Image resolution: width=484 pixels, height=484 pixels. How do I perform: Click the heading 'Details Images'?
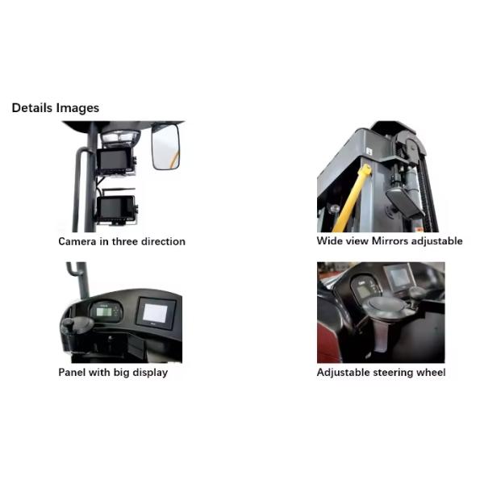click(55, 108)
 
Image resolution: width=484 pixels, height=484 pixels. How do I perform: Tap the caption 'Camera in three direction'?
click(122, 241)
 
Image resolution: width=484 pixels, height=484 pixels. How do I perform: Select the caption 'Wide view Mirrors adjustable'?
click(390, 241)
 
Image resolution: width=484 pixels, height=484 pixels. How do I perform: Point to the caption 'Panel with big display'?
click(113, 372)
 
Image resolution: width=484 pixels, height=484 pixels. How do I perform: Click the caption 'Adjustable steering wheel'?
click(382, 372)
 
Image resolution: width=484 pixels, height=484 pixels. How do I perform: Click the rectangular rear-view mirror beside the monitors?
click(165, 147)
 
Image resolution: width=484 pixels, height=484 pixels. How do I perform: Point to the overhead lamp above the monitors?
click(120, 136)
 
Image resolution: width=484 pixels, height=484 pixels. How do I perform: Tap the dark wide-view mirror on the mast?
click(405, 202)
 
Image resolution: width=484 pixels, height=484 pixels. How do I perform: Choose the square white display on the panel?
click(156, 313)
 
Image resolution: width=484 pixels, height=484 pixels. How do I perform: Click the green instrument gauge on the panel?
click(105, 311)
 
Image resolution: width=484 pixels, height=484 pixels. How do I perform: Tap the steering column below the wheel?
click(382, 335)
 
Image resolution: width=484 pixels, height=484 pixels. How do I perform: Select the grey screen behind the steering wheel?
click(398, 277)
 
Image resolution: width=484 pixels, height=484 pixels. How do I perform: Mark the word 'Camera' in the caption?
click(77, 241)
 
